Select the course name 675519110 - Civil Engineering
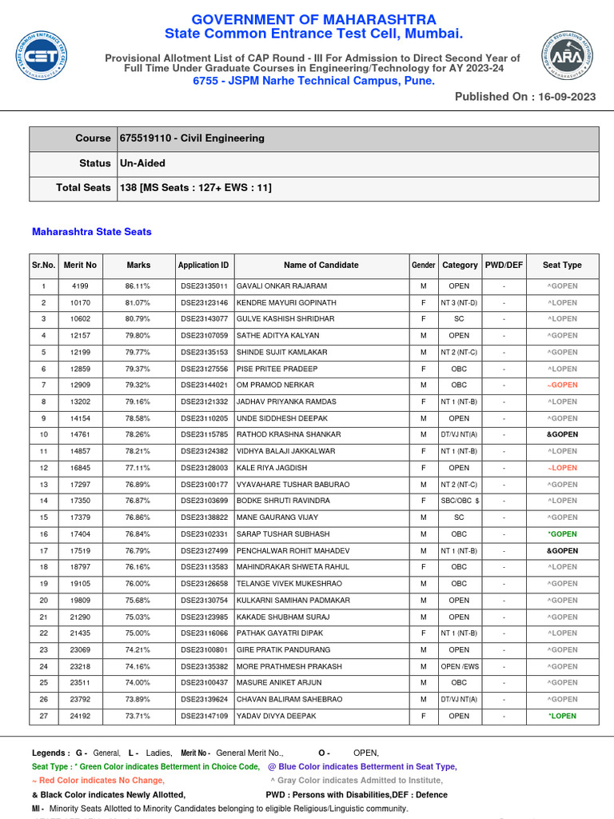click(192, 138)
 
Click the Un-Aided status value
click(142, 163)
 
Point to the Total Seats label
click(83, 188)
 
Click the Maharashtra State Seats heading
click(91, 232)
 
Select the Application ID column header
click(203, 265)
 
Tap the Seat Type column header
click(562, 265)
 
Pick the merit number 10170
click(80, 303)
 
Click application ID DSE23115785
click(203, 435)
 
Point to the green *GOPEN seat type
click(562, 534)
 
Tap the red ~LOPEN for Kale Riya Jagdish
click(562, 468)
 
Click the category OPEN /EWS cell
click(460, 666)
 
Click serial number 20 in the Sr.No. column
click(44, 601)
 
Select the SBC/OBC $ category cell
click(460, 501)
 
